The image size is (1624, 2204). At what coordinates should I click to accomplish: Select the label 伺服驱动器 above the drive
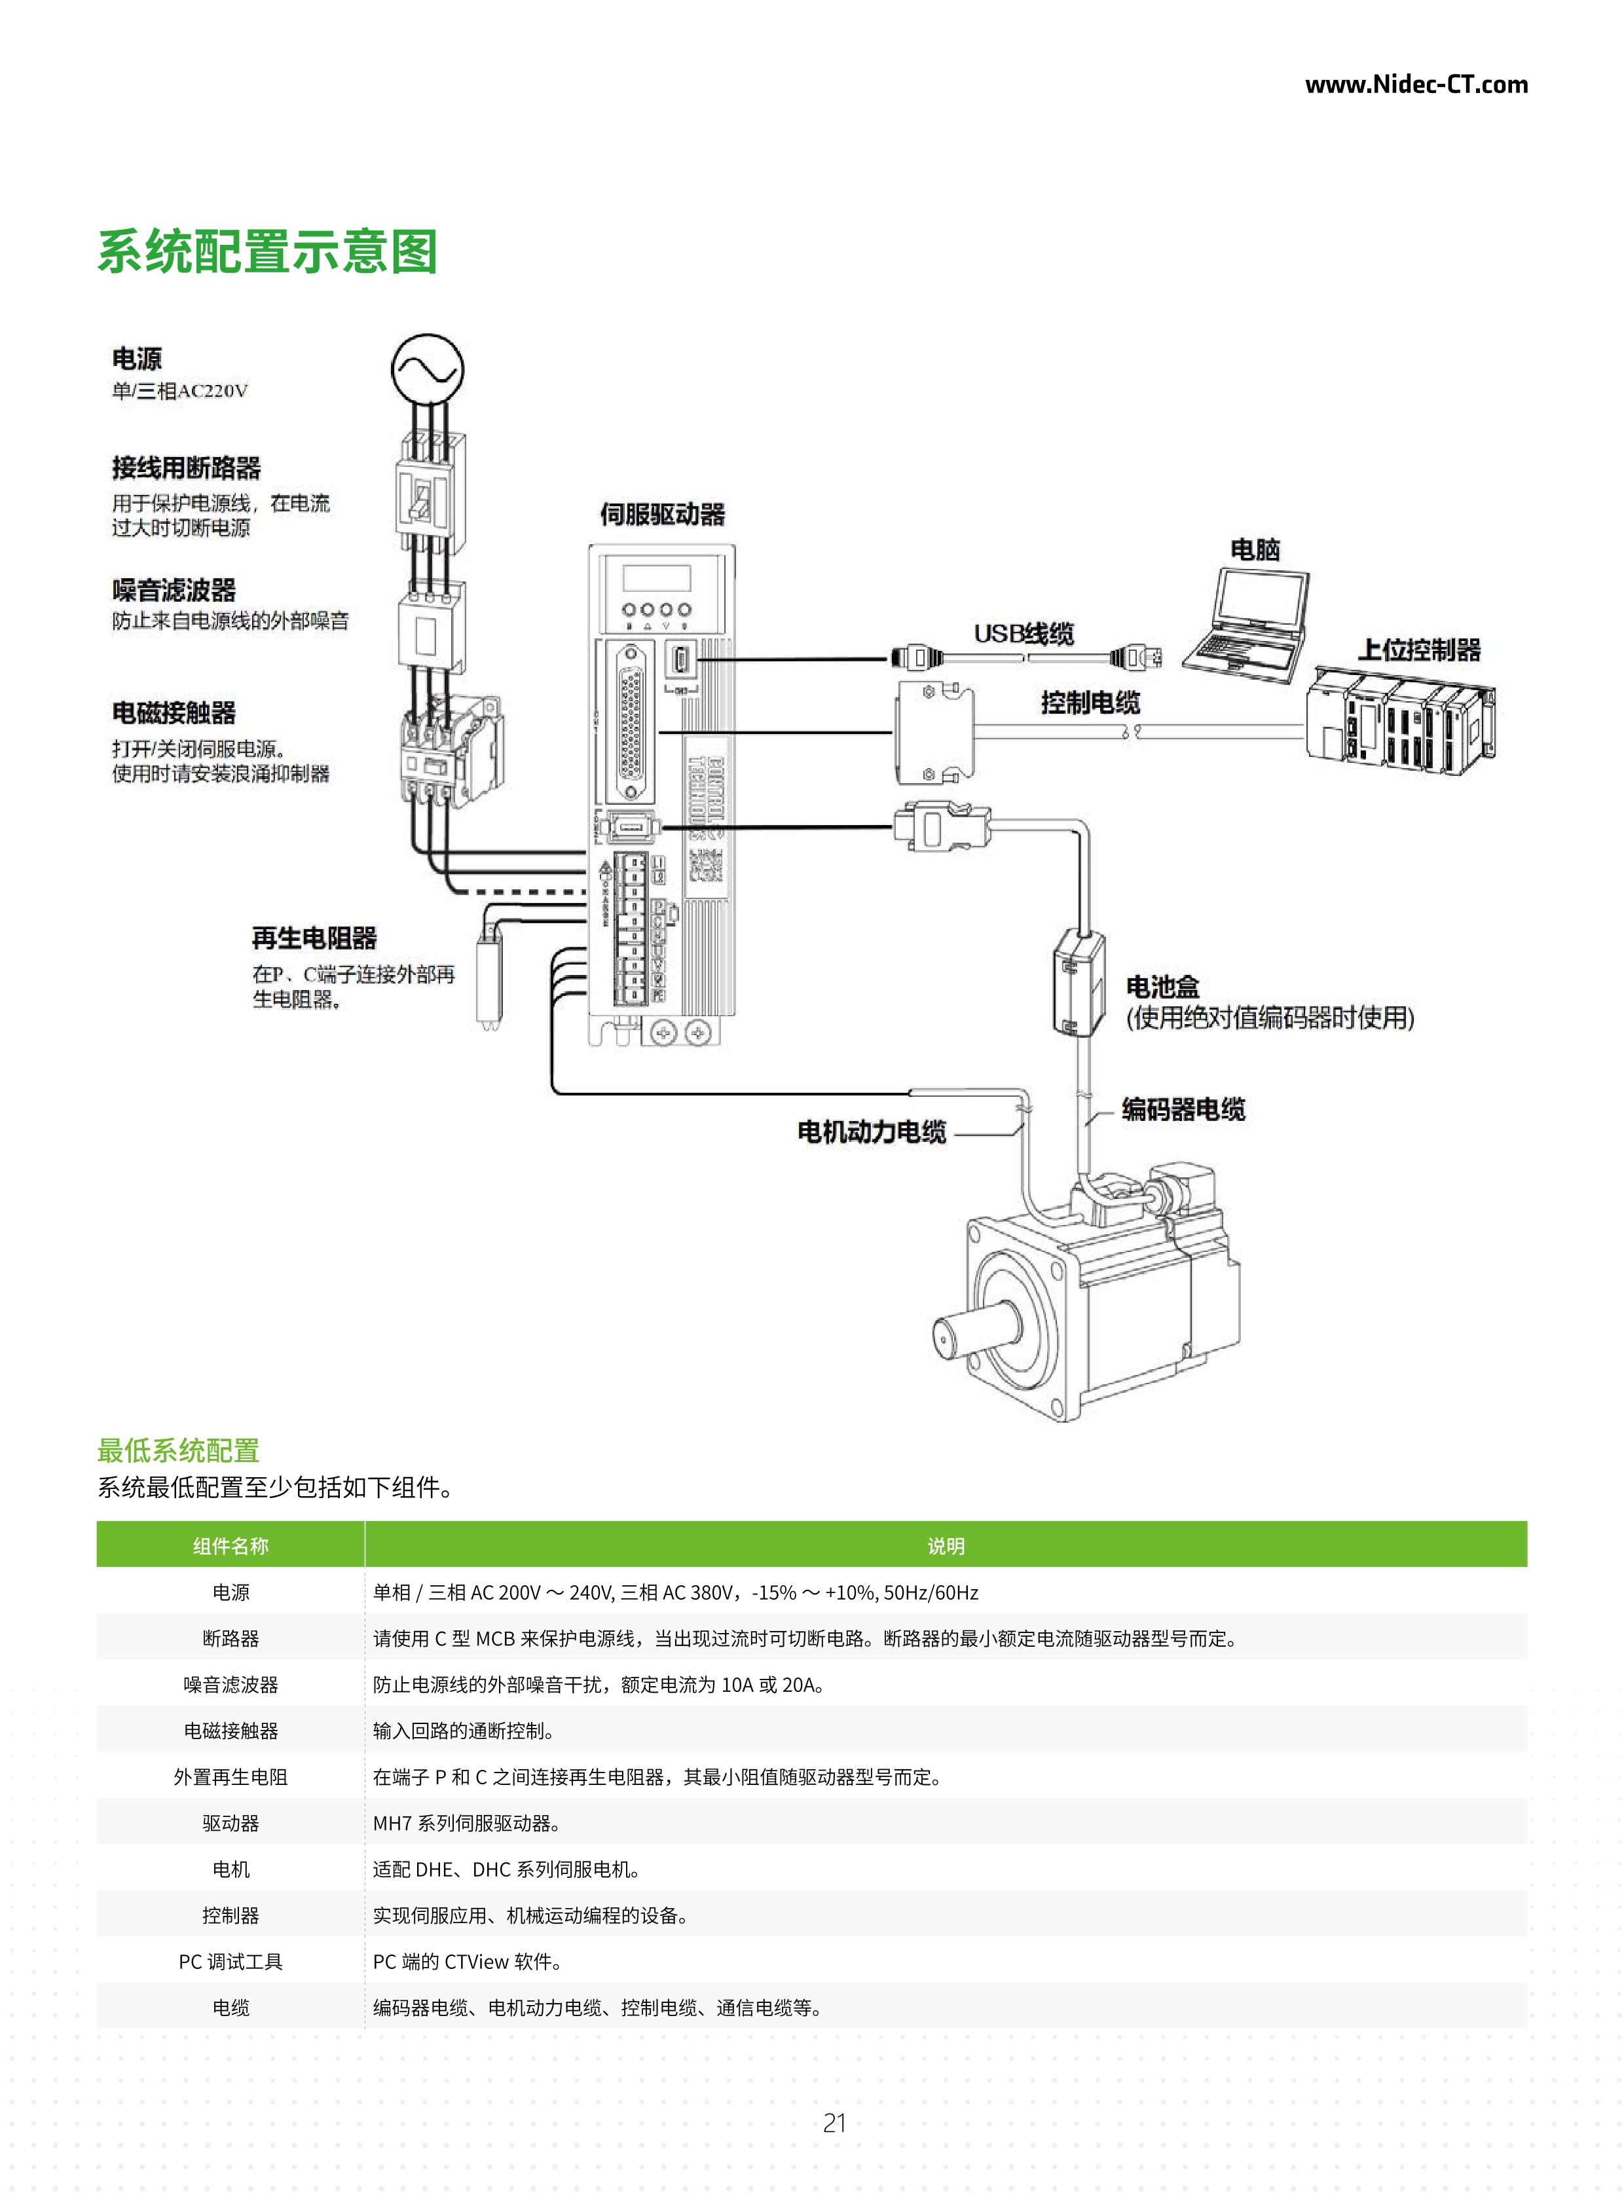(663, 514)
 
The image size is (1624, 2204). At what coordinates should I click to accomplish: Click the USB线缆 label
(1024, 633)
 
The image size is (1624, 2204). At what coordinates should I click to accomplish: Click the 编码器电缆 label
(1183, 1109)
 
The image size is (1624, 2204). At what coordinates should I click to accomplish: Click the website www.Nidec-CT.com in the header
(1416, 84)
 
